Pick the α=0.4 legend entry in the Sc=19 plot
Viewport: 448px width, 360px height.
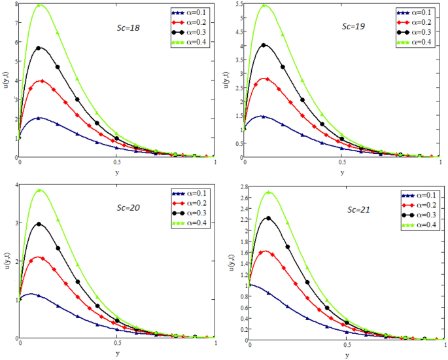[x=413, y=41]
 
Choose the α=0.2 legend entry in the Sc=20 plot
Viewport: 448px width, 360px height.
[x=190, y=204]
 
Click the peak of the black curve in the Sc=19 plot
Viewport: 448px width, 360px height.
[x=263, y=45]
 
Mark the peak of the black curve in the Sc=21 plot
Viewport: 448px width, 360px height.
[x=268, y=218]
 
